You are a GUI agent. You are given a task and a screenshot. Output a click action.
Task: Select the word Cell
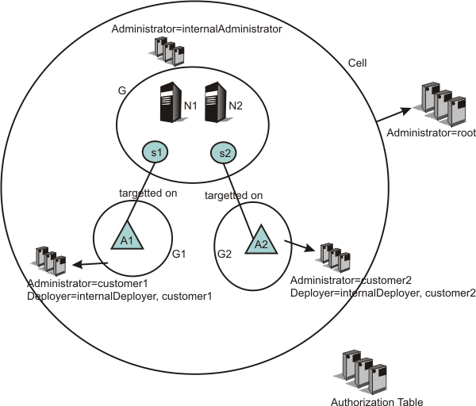click(x=357, y=63)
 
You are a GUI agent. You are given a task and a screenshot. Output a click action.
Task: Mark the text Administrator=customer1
click(x=77, y=283)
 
